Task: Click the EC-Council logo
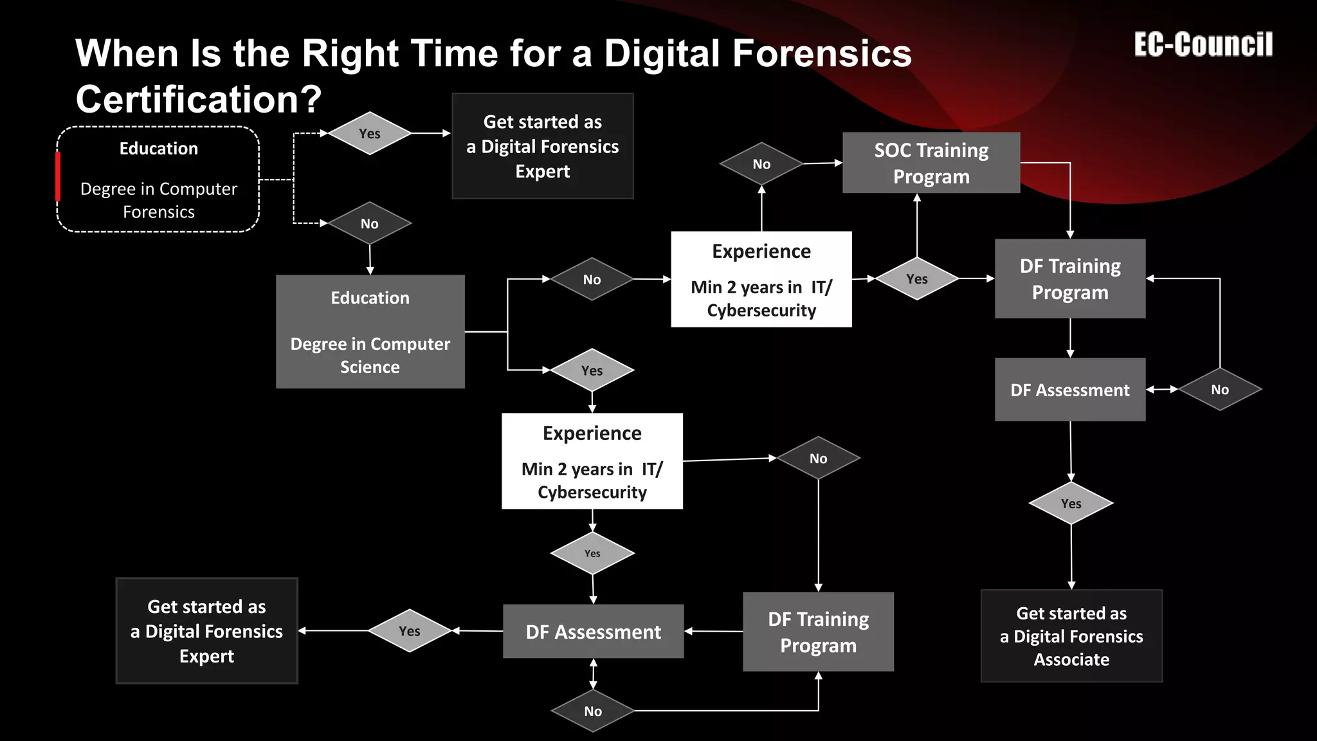click(1203, 45)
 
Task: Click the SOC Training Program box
click(931, 163)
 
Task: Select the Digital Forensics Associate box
click(1071, 636)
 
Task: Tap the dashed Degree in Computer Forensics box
click(158, 179)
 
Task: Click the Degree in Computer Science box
click(370, 332)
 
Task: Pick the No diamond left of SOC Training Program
click(761, 164)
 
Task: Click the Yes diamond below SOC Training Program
click(916, 279)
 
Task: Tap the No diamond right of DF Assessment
click(1219, 389)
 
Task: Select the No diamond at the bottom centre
click(592, 711)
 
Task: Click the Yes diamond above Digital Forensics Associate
click(1071, 504)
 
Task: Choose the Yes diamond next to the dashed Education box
click(369, 133)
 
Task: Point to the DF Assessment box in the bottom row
click(593, 632)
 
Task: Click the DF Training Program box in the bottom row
click(818, 632)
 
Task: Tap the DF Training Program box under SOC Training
click(1069, 279)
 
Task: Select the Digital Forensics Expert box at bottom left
click(206, 631)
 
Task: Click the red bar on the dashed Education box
click(58, 176)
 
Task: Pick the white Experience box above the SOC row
click(761, 279)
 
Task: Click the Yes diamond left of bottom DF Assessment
click(409, 631)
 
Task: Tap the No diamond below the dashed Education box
click(369, 223)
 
